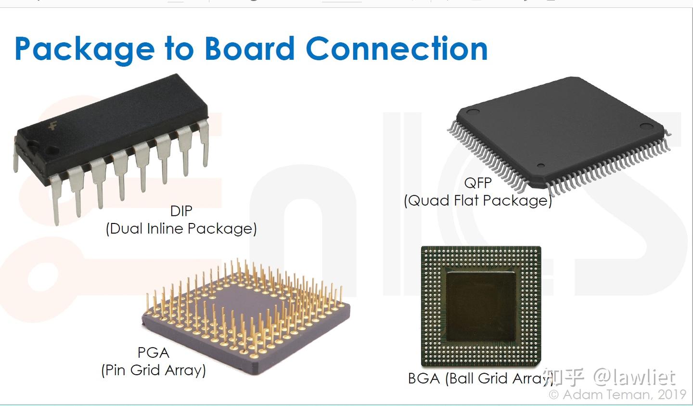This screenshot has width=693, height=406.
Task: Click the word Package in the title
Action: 84,49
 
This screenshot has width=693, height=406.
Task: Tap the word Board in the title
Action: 249,49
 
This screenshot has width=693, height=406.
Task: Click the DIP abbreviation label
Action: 181,211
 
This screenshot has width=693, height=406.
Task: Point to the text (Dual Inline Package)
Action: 181,228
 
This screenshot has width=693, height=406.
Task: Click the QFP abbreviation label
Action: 477,183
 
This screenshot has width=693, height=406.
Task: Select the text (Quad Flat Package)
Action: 477,200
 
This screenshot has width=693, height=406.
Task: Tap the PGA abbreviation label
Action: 153,353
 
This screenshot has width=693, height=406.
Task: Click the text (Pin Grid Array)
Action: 153,370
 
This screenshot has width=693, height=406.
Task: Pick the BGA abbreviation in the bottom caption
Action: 424,379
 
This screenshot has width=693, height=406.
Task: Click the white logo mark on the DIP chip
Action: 52,127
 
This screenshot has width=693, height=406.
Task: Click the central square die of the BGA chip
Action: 480,306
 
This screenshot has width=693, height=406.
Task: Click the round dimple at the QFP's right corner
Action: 645,127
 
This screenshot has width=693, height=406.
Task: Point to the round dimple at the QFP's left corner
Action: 473,112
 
